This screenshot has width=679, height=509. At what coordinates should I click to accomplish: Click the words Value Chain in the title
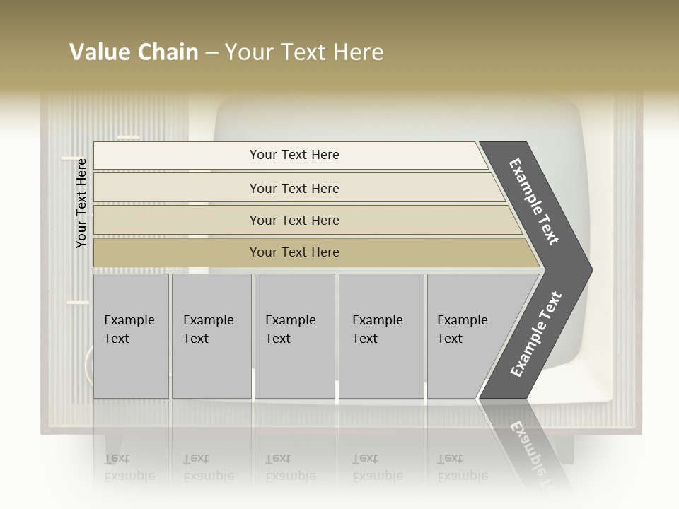click(134, 52)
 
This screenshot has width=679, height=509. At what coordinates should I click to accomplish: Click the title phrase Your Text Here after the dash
click(304, 52)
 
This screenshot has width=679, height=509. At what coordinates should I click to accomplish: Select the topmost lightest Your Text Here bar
click(294, 155)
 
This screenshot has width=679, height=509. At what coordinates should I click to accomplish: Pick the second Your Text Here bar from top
click(294, 188)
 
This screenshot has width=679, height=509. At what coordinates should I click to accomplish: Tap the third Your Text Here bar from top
click(294, 220)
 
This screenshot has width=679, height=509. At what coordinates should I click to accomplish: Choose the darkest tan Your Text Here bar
click(294, 252)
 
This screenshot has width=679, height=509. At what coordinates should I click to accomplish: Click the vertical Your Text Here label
click(81, 203)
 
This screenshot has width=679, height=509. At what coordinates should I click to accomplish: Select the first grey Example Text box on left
click(131, 336)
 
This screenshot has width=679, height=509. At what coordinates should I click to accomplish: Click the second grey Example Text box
click(211, 336)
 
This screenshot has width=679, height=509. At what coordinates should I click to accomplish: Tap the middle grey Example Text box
click(294, 336)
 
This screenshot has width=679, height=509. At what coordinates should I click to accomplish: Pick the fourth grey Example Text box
click(381, 336)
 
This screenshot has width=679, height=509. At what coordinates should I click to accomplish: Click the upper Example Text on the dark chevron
click(534, 201)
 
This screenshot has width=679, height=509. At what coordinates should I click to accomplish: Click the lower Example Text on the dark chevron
click(536, 334)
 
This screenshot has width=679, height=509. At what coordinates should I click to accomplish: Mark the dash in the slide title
click(211, 53)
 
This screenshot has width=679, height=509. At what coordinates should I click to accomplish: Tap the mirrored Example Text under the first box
click(129, 467)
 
